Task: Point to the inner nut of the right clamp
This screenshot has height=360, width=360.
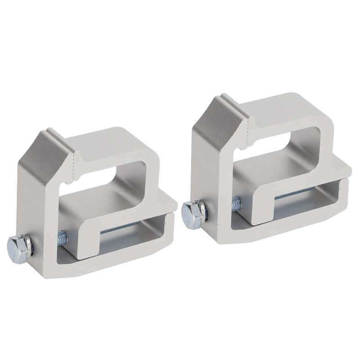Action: (x=236, y=204)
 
